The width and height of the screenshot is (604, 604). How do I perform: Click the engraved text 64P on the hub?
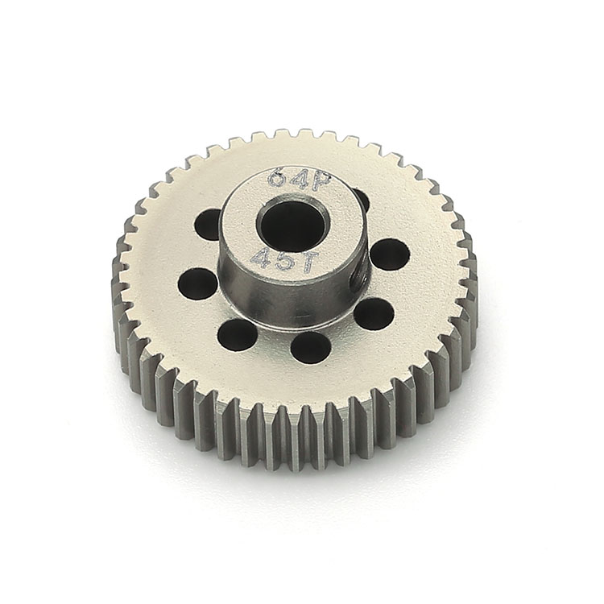300,180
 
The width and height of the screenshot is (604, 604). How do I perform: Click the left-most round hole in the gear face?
197,284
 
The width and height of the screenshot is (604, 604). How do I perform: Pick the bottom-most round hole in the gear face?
311,348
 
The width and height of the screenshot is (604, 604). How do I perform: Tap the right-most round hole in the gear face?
390,254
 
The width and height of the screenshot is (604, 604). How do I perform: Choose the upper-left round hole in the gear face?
208,225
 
